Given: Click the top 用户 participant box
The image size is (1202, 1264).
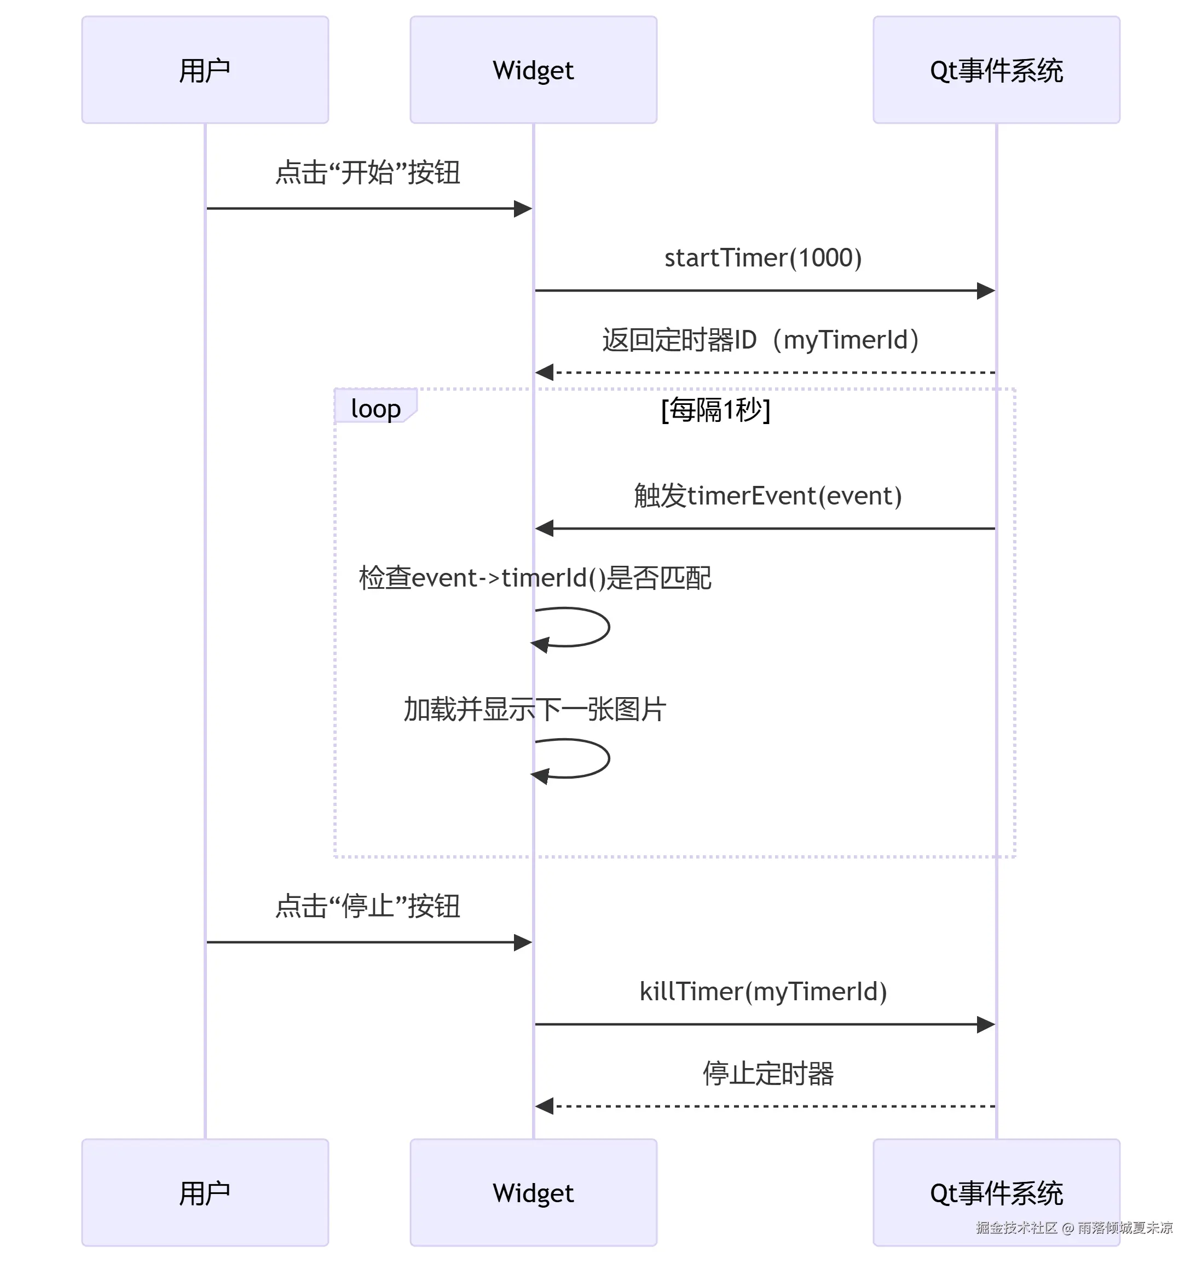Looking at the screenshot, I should pyautogui.click(x=205, y=70).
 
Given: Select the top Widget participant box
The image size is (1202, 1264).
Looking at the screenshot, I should pyautogui.click(x=533, y=70).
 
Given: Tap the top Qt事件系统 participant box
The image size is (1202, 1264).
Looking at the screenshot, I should pyautogui.click(x=996, y=70).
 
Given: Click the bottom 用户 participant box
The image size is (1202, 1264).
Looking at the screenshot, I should pyautogui.click(x=205, y=1193).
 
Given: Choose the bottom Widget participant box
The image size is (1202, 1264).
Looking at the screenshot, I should pyautogui.click(x=533, y=1193).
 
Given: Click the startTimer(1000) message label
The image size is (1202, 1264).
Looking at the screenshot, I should pyautogui.click(x=762, y=258).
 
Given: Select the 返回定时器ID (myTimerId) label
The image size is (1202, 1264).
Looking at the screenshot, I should pyautogui.click(x=760, y=340).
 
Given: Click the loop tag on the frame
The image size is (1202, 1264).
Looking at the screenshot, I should pyautogui.click(x=375, y=408).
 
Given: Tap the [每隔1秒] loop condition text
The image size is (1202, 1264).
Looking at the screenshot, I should pyautogui.click(x=716, y=409).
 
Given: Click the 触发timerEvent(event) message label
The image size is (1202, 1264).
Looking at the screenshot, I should pyautogui.click(x=767, y=495).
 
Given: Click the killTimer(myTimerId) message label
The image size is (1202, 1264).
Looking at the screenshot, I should pyautogui.click(x=762, y=991).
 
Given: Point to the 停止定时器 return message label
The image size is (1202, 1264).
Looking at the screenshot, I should pyautogui.click(x=767, y=1073).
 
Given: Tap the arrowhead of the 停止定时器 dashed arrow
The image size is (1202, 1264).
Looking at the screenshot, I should pyautogui.click(x=545, y=1106).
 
